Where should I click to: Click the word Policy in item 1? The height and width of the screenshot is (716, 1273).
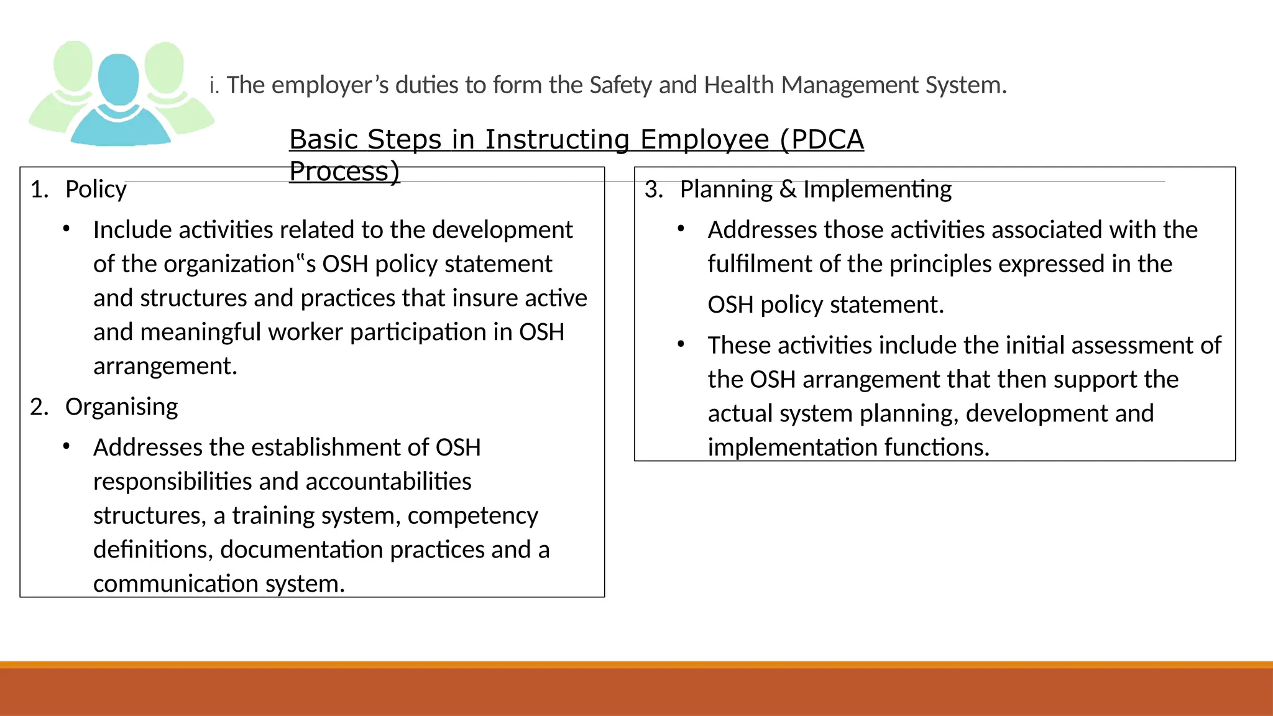(x=96, y=189)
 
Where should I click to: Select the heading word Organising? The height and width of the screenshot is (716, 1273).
(x=121, y=407)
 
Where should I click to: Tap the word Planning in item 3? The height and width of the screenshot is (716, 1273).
(x=726, y=189)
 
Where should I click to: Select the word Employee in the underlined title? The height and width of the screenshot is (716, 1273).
(x=704, y=139)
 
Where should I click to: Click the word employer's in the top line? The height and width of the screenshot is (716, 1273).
(x=330, y=85)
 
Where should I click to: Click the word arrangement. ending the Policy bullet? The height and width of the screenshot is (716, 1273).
(x=165, y=366)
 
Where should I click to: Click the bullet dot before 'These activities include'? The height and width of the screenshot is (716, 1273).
(x=681, y=344)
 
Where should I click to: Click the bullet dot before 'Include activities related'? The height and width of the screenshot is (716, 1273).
(x=66, y=229)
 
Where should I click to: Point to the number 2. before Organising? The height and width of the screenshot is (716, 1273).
(x=39, y=407)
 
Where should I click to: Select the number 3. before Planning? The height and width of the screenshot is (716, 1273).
(x=654, y=189)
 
